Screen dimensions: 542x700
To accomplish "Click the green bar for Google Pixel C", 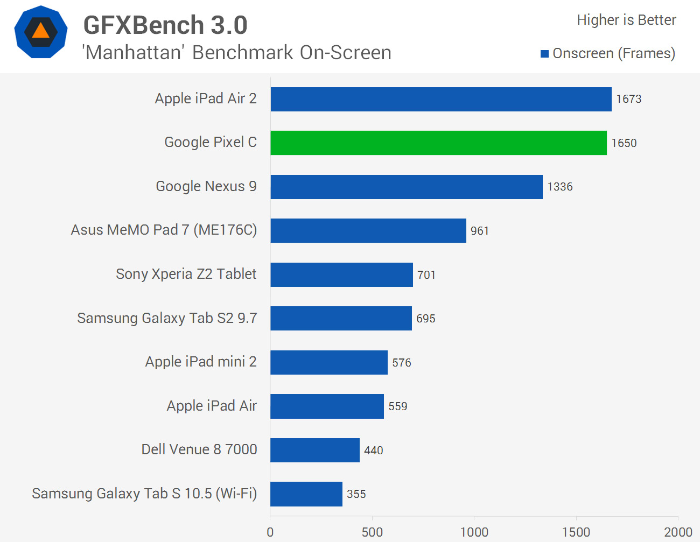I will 438,143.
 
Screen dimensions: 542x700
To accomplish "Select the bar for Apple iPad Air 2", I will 441,99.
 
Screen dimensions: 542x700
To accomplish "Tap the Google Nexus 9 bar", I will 407,187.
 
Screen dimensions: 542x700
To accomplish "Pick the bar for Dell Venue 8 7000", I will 315,450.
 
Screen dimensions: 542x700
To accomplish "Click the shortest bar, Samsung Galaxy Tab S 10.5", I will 306,494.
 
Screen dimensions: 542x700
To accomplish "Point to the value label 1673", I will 629,99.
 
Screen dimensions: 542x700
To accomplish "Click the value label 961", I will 480,231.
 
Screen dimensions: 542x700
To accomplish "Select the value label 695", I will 426,319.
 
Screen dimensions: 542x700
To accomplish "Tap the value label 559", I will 398,406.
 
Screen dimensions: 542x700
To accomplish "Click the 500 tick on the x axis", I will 372,532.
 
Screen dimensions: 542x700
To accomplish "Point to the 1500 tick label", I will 576,532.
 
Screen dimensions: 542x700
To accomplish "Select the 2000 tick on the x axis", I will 678,532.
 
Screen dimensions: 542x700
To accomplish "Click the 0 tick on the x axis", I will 270,532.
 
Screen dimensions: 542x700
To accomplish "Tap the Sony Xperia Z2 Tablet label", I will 186,274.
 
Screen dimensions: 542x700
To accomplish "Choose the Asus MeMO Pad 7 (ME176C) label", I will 164,230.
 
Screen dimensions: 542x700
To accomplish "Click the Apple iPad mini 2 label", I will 201,362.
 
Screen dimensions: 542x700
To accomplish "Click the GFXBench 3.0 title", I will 165,25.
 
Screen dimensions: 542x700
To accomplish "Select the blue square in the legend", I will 544,54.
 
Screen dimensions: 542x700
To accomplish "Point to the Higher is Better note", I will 626,20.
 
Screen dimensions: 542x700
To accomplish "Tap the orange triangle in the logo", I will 41,31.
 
